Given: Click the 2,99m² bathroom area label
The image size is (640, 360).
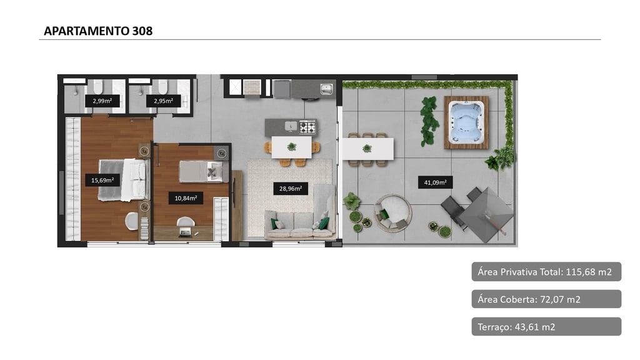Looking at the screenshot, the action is pos(102,101).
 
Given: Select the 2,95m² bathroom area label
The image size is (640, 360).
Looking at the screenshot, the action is pos(164,101).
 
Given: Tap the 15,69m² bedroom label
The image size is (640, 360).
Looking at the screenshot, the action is pos(102,180).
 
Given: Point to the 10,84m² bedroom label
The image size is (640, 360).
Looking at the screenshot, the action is pos(186,198).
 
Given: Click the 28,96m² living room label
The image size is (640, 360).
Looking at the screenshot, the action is pos(291,189).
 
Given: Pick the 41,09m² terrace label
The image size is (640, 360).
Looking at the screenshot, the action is pos(435,182).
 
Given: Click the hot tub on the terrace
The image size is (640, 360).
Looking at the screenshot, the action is pos(466,122).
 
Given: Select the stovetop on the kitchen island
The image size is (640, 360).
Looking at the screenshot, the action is pos(307,127).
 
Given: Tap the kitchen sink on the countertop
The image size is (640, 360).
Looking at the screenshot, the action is pos(326,89).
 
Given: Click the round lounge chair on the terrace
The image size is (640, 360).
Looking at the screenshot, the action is pos(393,213).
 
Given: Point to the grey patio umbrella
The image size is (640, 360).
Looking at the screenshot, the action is pos(486,215).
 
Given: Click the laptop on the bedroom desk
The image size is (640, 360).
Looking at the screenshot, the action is pos(185,233).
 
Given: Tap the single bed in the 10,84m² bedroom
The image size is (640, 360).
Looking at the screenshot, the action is pos(204,171).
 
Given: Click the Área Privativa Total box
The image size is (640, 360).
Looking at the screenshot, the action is pos(546,272).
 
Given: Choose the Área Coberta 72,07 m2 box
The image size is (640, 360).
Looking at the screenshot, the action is pos(546,299).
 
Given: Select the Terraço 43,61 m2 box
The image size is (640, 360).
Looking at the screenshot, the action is pos(546,326).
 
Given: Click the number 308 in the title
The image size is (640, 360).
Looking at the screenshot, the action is pos(142,31).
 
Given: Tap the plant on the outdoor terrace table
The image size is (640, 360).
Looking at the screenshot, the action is pos(367,149).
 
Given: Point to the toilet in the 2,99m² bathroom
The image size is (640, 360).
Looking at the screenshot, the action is pos(98,86).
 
